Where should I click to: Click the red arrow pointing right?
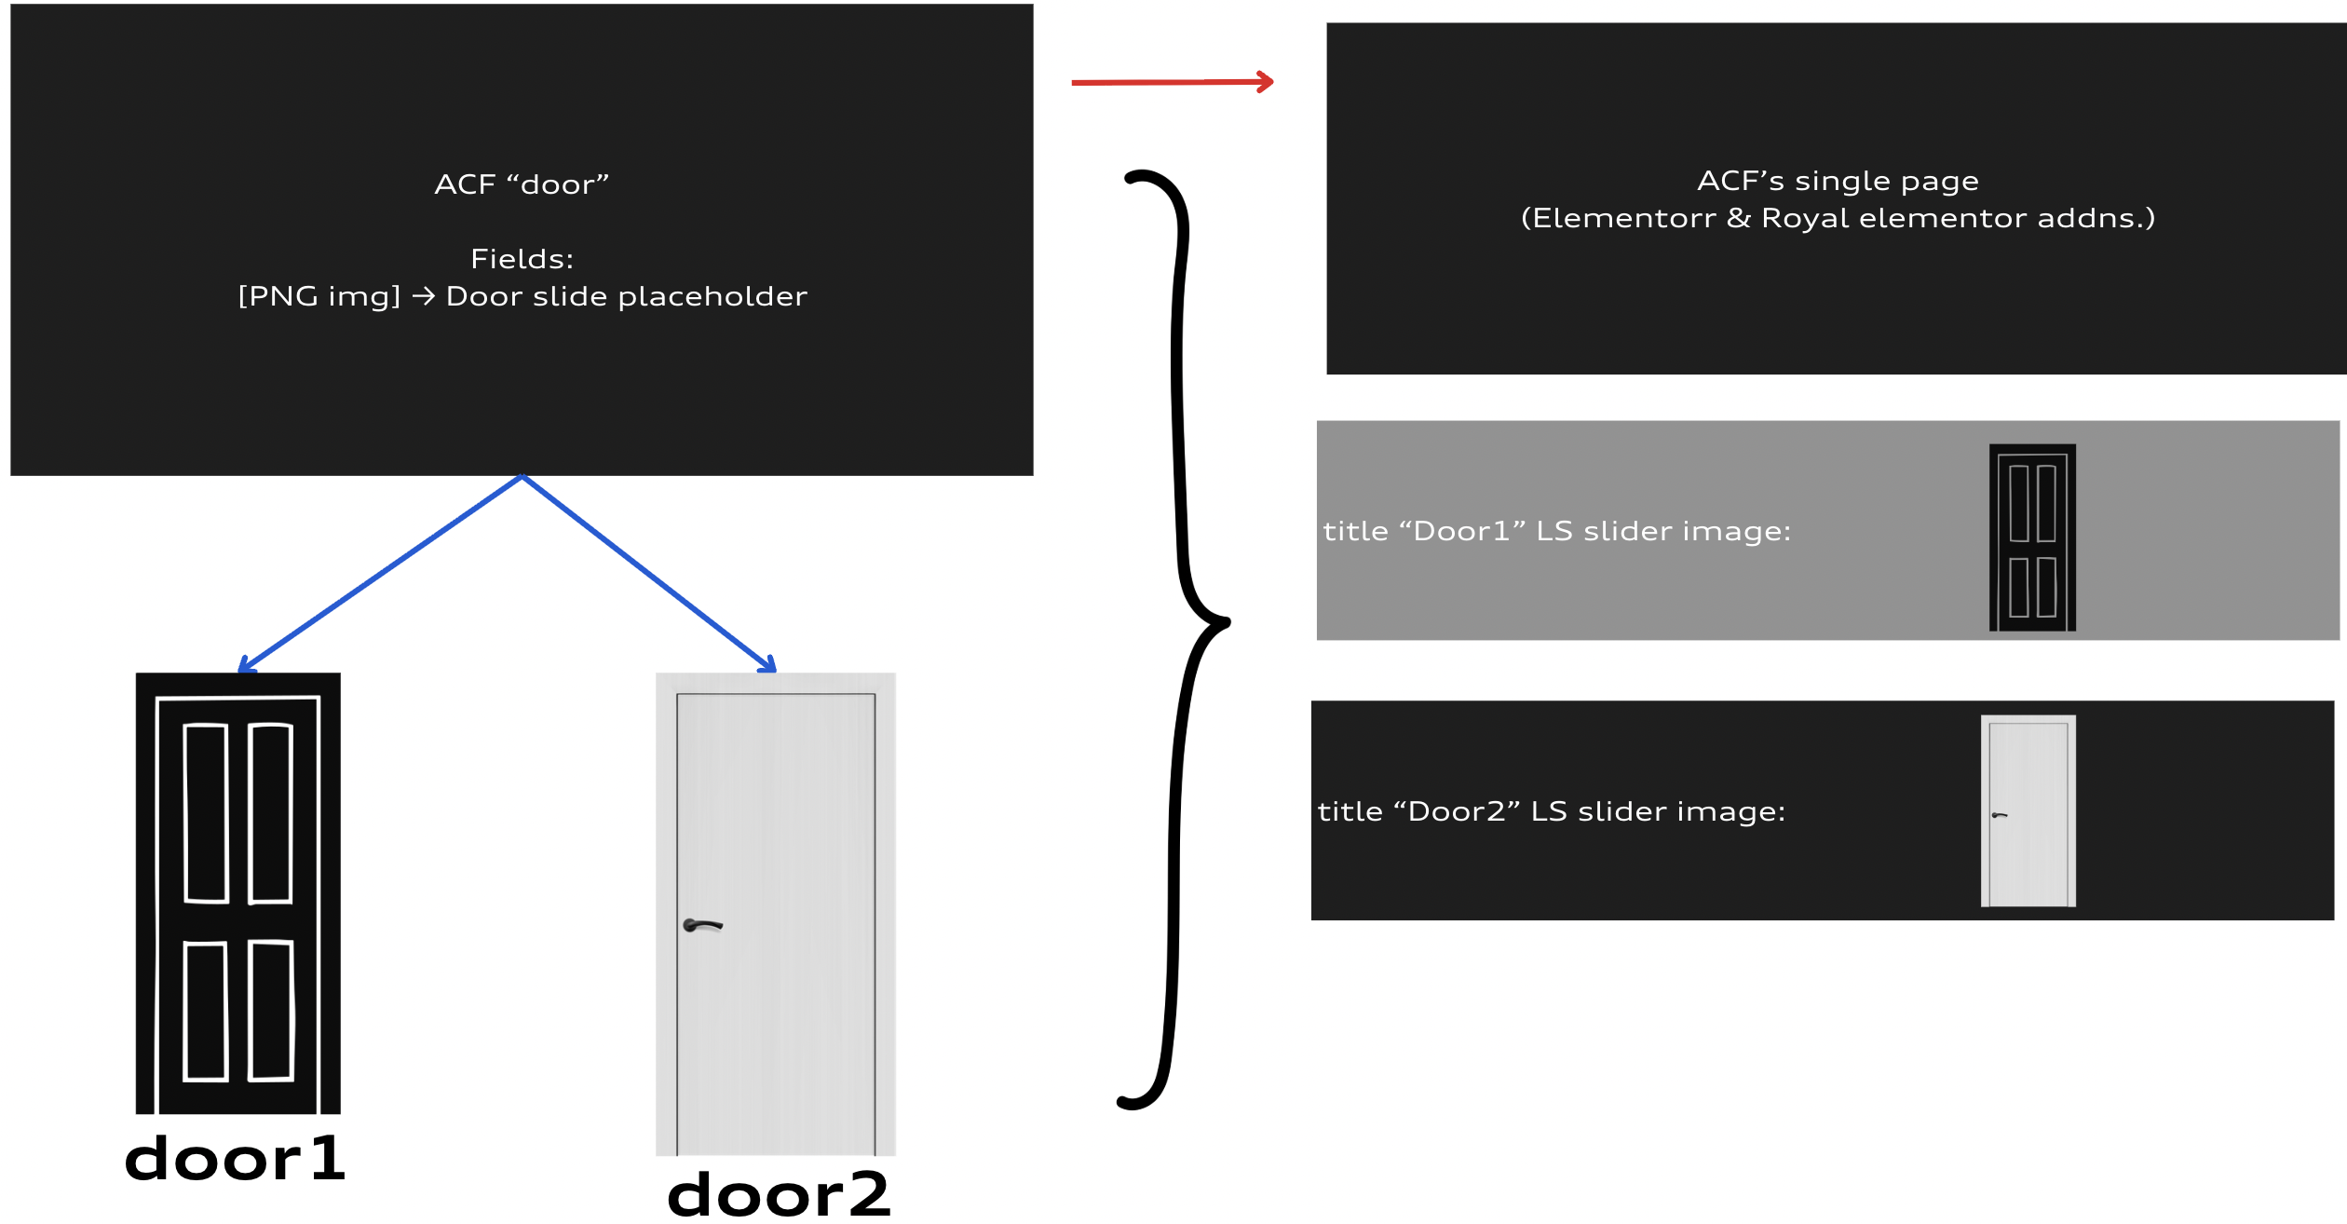(1172, 82)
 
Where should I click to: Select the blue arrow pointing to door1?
(382, 572)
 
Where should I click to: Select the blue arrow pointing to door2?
(649, 572)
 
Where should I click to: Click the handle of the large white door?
(702, 925)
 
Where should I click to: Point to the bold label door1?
(235, 1160)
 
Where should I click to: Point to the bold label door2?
(779, 1195)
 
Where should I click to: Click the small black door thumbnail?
(2032, 537)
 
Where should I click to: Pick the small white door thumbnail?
(2028, 810)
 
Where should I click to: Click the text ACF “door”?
(522, 184)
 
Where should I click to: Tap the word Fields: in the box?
(522, 259)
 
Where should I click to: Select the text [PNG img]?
(319, 296)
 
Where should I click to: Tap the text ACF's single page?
(1838, 181)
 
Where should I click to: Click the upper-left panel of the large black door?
(206, 813)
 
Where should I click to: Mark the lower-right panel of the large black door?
(272, 1011)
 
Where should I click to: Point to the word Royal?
(1805, 218)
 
